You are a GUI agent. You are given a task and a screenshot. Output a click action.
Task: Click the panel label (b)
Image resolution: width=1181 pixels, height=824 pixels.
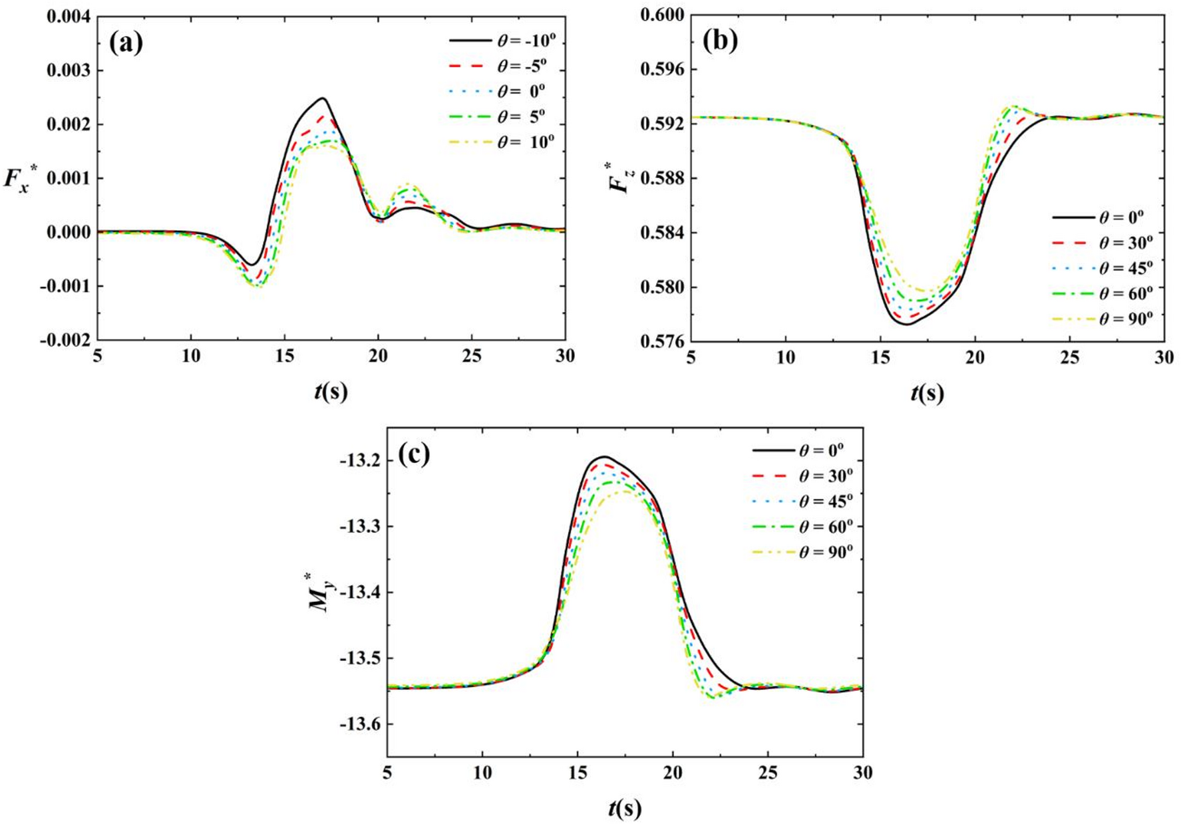pos(720,41)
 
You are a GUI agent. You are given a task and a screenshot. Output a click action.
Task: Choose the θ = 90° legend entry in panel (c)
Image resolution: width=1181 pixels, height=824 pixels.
pos(802,552)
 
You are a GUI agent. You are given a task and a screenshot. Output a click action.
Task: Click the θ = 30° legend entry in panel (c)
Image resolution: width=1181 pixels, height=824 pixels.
pos(802,476)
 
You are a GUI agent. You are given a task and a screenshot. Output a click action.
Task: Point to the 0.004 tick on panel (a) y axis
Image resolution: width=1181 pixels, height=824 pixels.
pos(69,16)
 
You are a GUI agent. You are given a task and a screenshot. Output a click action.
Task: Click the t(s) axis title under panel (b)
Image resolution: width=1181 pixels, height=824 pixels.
pos(927,393)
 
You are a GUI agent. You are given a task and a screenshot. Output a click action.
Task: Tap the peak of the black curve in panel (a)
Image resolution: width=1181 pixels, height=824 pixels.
pos(323,98)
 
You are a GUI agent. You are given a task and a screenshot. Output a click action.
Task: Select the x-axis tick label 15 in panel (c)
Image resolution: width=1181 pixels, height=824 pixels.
pos(578,773)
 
